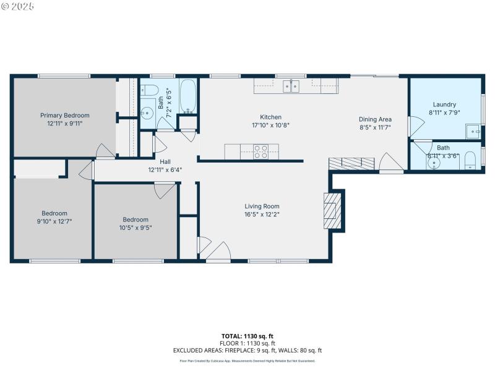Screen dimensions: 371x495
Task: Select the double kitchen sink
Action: (291, 86)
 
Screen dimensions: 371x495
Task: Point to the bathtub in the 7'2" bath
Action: (188, 96)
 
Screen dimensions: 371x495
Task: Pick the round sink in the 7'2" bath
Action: (147, 113)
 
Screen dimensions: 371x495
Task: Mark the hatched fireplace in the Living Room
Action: (332, 210)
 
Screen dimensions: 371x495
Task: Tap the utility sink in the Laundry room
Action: (473, 131)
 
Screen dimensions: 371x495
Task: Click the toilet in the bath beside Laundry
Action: (470, 160)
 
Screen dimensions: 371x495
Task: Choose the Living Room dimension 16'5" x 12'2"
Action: (262, 215)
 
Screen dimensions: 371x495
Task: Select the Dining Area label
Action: (375, 119)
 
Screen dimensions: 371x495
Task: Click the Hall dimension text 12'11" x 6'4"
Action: (165, 169)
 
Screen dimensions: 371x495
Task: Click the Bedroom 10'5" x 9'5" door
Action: (165, 192)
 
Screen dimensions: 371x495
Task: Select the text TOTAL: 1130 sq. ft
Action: (247, 336)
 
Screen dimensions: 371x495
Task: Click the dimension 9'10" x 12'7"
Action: (54, 221)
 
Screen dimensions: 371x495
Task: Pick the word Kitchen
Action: (270, 117)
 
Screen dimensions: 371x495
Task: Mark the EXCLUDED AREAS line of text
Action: (247, 351)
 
